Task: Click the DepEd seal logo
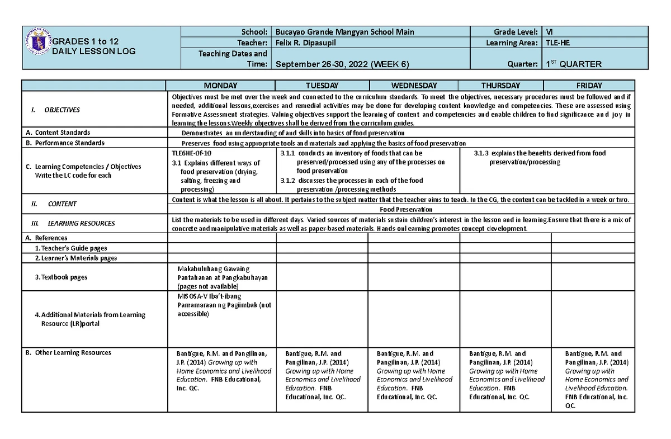(39, 43)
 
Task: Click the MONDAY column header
(220, 86)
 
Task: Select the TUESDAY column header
(322, 86)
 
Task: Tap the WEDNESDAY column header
(414, 86)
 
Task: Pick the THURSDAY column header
(500, 86)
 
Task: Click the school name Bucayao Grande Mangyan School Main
(345, 32)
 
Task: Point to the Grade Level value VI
(550, 32)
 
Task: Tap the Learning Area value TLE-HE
(558, 43)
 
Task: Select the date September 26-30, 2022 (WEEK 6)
(342, 64)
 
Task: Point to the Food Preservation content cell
(403, 210)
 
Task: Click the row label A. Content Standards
(58, 133)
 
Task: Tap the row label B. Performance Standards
(65, 143)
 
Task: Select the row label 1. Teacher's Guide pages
(70, 248)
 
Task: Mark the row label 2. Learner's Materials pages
(75, 258)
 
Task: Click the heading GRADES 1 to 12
(86, 42)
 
